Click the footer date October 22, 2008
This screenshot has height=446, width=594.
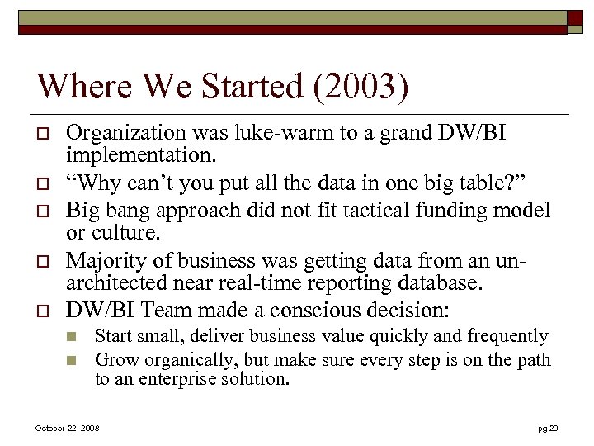point(67,429)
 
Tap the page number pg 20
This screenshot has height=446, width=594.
point(548,429)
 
